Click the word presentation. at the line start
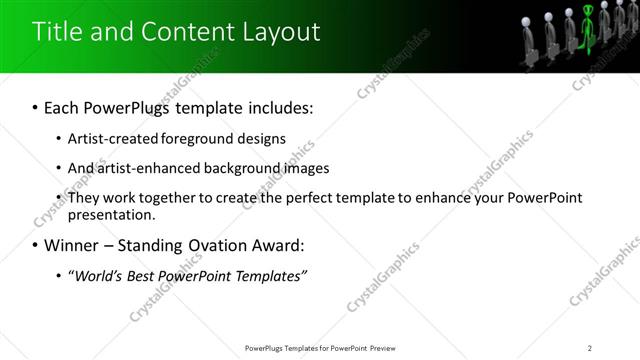[x=112, y=215]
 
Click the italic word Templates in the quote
[x=270, y=275]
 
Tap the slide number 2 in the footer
[x=590, y=348]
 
